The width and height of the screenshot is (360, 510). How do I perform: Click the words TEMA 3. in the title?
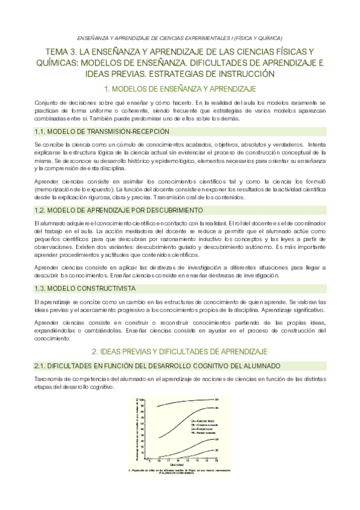pyautogui.click(x=63, y=51)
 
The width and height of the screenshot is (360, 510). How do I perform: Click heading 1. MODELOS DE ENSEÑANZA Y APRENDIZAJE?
pyautogui.click(x=180, y=89)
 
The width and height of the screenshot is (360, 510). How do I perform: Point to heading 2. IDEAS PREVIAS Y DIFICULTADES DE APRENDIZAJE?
pyautogui.click(x=180, y=351)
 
